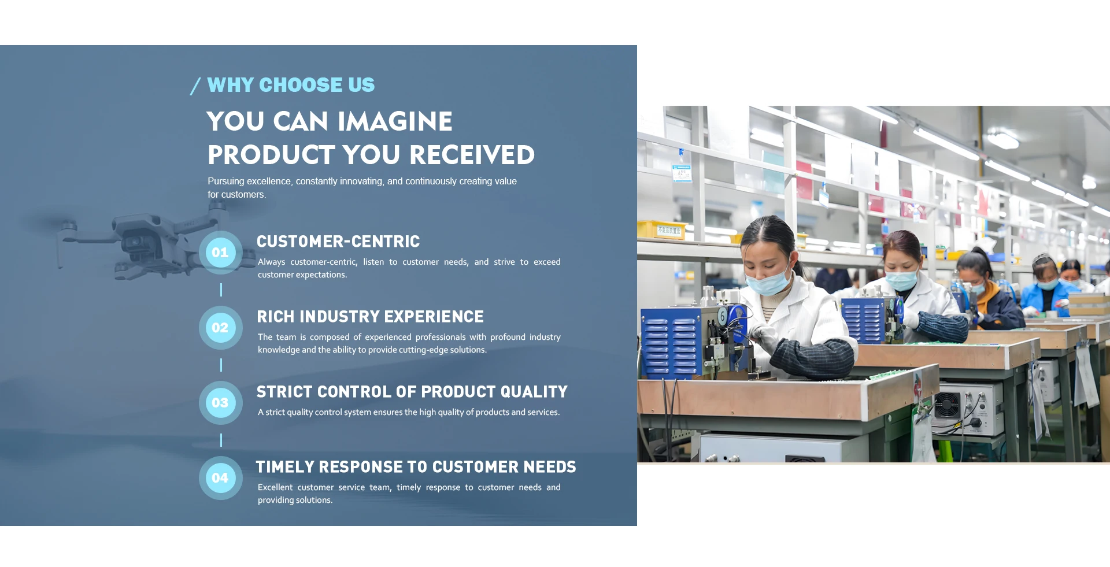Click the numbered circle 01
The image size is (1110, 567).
click(220, 253)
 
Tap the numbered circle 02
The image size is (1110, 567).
click(220, 328)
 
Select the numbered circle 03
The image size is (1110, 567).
click(220, 403)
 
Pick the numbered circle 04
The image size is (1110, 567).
click(220, 478)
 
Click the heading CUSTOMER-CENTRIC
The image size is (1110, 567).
click(338, 242)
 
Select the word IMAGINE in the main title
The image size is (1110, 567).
click(395, 121)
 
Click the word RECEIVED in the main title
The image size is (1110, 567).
click(472, 155)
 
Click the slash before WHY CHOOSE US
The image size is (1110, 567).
click(195, 86)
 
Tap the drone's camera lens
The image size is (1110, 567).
click(134, 242)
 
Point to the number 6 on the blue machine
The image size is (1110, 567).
click(722, 316)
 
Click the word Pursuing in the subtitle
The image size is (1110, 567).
click(226, 181)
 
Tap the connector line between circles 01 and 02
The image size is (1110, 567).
click(221, 290)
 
